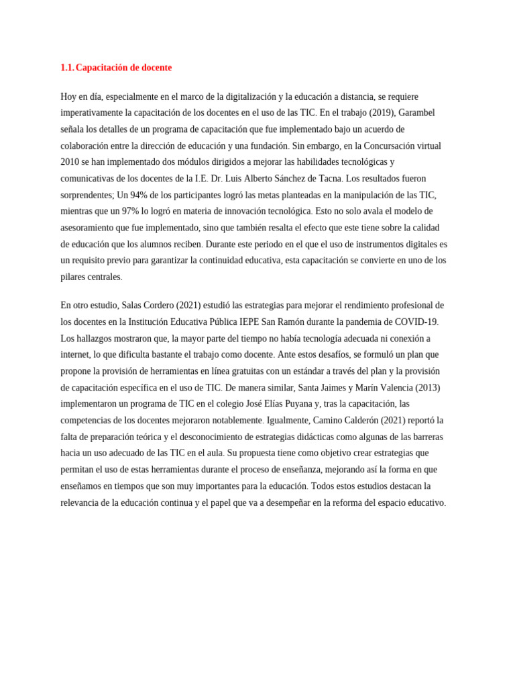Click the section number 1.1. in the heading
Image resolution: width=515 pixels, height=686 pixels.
coord(67,68)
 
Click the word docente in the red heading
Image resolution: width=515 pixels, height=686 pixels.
coord(156,68)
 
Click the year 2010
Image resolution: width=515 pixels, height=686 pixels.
coord(70,162)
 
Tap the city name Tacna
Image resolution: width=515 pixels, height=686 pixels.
coord(329,178)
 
